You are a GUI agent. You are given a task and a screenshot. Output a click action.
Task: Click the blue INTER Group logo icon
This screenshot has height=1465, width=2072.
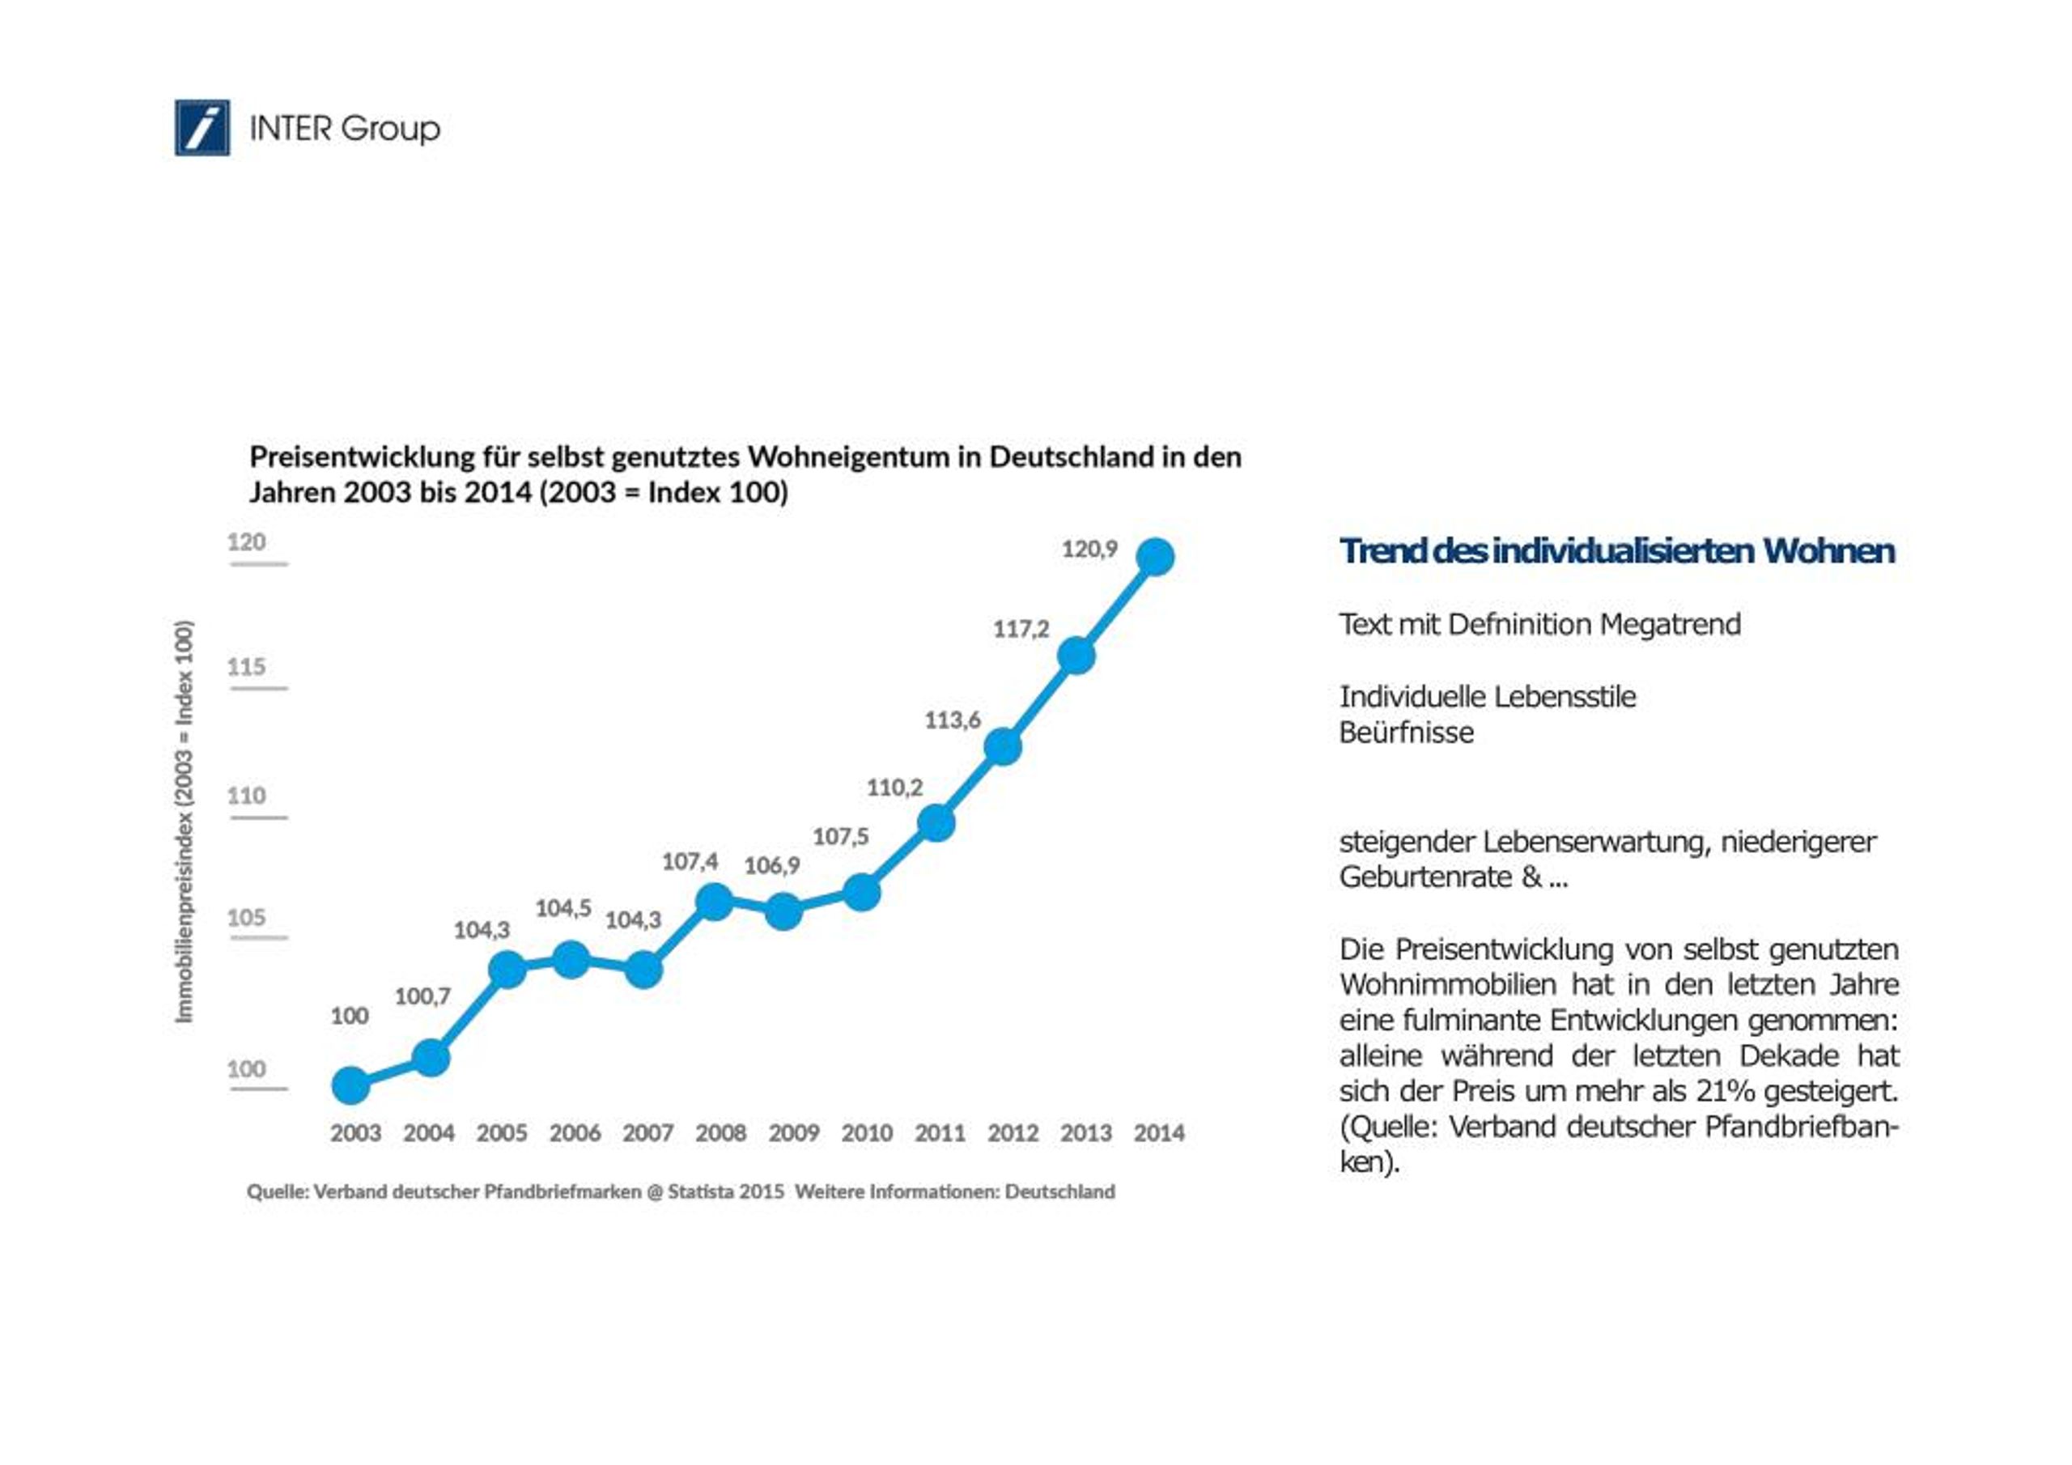click(202, 127)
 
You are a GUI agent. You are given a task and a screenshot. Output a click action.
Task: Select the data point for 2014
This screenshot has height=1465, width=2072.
click(1156, 557)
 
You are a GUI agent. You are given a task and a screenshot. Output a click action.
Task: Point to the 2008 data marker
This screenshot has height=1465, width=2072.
click(715, 901)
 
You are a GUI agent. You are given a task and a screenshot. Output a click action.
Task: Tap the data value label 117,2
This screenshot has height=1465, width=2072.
click(1021, 629)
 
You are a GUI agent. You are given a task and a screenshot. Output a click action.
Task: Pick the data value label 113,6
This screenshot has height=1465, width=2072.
click(952, 720)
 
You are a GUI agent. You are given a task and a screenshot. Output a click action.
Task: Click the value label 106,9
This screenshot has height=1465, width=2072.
click(771, 865)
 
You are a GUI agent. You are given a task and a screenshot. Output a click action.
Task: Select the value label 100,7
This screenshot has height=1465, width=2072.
click(422, 996)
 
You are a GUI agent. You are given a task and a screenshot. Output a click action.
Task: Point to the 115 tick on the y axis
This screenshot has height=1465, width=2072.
click(246, 667)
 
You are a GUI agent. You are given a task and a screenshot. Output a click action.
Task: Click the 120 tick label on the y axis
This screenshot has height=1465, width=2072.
click(246, 541)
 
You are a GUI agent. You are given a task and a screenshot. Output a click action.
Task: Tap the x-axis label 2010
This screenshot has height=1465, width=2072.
click(866, 1133)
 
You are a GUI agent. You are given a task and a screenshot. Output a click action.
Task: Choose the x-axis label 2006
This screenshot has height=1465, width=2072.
click(575, 1133)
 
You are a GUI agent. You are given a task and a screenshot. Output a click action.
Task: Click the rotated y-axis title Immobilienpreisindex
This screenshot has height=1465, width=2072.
click(184, 822)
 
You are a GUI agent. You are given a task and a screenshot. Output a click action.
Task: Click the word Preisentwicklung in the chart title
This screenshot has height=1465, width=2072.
click(362, 456)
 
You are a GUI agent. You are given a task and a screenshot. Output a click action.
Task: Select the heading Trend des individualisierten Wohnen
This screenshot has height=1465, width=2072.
click(1616, 550)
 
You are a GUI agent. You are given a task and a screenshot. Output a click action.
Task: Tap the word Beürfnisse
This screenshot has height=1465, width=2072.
click(1406, 732)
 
